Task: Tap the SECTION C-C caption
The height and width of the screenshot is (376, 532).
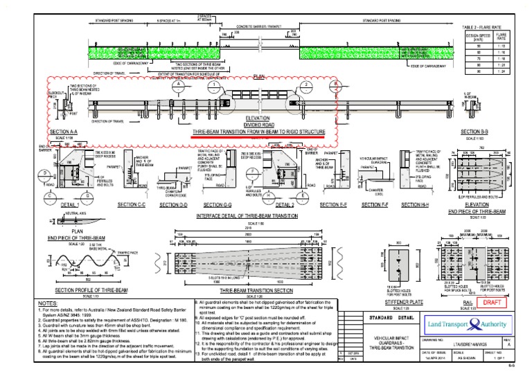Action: pos(132,205)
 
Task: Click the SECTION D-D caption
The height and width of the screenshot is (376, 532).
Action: pos(173,206)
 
